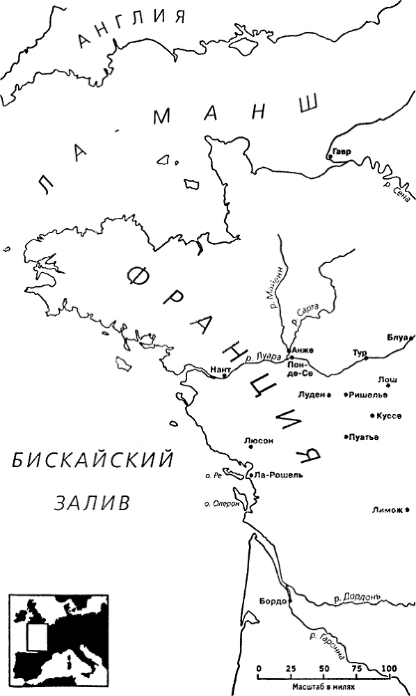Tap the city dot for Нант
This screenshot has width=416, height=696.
coord(224,376)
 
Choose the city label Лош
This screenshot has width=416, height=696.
coord(387,379)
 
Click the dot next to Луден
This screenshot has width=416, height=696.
coord(328,395)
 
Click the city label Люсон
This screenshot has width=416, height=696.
coord(259,440)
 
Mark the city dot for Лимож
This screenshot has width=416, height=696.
coord(408,510)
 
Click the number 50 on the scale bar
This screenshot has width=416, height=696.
coord(324,669)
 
